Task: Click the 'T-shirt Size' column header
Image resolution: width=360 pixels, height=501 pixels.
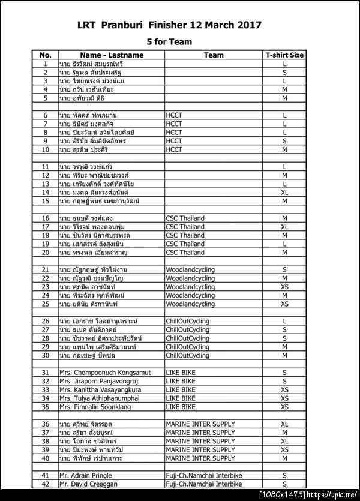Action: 284,55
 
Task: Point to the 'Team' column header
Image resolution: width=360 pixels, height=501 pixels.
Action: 214,55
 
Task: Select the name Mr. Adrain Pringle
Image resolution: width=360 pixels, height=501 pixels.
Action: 86,475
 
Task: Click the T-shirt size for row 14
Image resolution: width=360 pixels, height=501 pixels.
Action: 284,192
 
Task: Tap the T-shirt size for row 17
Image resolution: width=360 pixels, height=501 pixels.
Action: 284,227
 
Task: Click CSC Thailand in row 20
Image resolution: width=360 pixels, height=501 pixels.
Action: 185,253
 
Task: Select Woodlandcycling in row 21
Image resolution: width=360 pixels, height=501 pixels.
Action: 190,270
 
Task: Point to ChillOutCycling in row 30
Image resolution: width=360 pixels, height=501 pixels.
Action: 188,355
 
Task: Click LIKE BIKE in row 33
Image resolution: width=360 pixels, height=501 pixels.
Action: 181,389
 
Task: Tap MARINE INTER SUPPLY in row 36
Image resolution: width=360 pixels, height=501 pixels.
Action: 200,424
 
